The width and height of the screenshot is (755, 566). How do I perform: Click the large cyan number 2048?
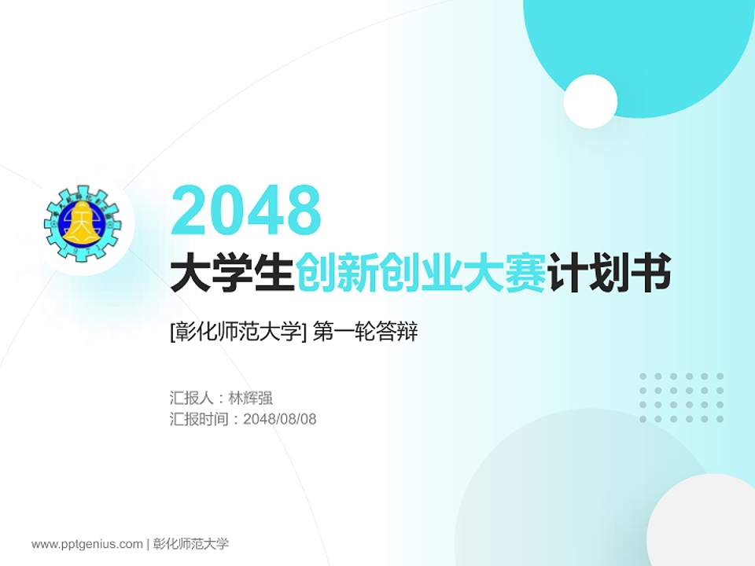pyautogui.click(x=246, y=209)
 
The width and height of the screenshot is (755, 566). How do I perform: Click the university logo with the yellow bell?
pyautogui.click(x=81, y=223)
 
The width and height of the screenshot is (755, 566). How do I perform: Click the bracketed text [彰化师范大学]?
pyautogui.click(x=238, y=333)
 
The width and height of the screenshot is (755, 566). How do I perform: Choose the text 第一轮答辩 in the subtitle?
pyautogui.click(x=364, y=333)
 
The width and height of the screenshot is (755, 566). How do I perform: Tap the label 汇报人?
pyautogui.click(x=191, y=398)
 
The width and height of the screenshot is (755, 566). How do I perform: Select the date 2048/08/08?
pyautogui.click(x=280, y=419)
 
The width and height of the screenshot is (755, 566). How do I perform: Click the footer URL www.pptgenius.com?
pyautogui.click(x=87, y=543)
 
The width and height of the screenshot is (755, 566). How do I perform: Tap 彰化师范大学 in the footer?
pyautogui.click(x=191, y=543)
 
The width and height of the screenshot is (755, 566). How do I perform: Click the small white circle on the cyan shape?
pyautogui.click(x=590, y=101)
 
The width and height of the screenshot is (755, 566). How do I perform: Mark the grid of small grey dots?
pyautogui.click(x=681, y=398)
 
